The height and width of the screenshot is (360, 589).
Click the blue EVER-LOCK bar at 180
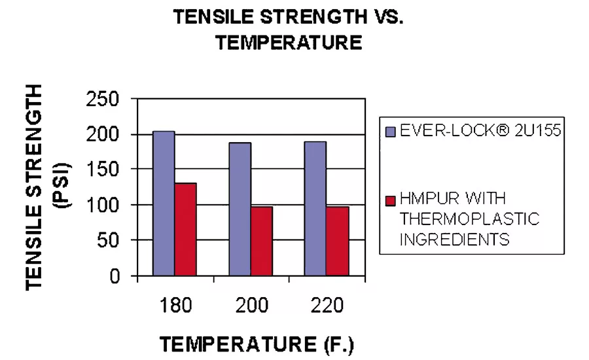click(x=164, y=204)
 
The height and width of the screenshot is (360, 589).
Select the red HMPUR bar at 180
click(x=185, y=229)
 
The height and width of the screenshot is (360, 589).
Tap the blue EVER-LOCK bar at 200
click(x=240, y=209)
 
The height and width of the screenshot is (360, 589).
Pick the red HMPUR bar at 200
click(x=261, y=241)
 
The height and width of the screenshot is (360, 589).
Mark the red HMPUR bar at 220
click(x=338, y=241)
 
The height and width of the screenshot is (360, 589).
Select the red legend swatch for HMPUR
click(x=389, y=199)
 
